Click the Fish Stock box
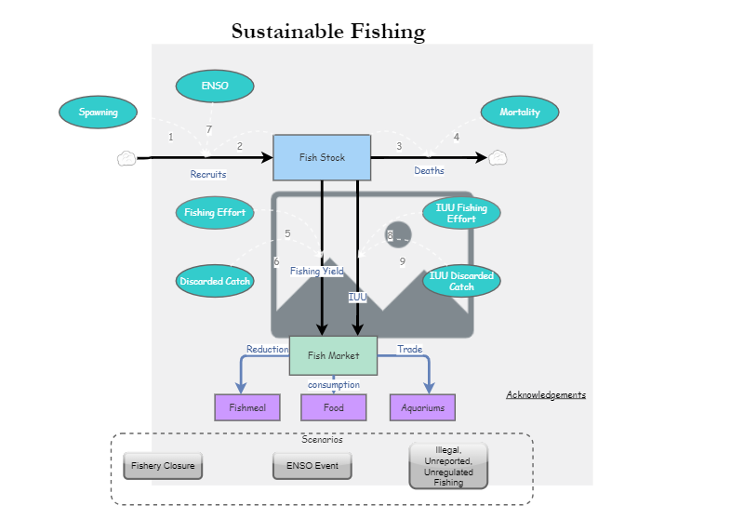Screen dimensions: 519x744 (x=322, y=157)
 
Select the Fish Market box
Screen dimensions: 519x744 (x=333, y=355)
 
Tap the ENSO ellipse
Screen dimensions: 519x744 (x=215, y=86)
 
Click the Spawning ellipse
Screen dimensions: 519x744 (x=99, y=113)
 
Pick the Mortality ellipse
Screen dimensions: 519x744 (x=520, y=113)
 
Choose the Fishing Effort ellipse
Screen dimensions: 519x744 (x=215, y=213)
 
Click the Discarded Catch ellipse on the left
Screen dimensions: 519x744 (x=215, y=281)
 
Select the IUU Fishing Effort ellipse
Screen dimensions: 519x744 (x=461, y=213)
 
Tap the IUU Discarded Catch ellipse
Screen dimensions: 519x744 (x=461, y=281)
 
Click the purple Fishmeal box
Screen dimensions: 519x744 (x=247, y=407)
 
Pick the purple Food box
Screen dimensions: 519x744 (x=333, y=407)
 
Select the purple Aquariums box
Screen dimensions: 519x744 (x=422, y=407)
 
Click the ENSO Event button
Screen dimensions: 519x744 (x=312, y=465)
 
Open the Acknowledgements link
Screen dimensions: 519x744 (x=546, y=394)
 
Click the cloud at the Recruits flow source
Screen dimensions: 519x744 (x=126, y=158)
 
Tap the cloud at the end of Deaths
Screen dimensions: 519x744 (x=498, y=157)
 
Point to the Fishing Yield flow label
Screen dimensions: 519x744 (x=316, y=272)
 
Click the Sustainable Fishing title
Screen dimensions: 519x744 (x=328, y=32)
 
